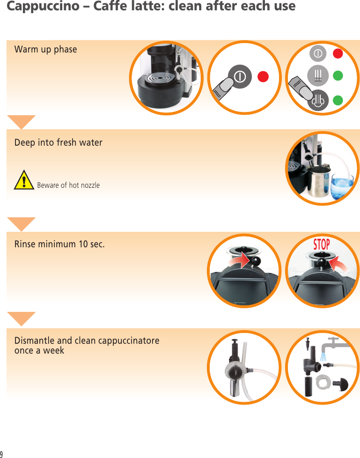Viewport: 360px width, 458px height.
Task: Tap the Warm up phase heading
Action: pyautogui.click(x=45, y=49)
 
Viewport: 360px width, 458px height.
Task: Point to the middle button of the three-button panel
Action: pyautogui.click(x=318, y=75)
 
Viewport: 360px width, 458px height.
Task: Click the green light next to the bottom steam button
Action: pyautogui.click(x=338, y=100)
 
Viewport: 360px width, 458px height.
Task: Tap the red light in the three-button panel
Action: pyautogui.click(x=338, y=53)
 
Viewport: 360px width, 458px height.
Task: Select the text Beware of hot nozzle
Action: pyautogui.click(x=68, y=185)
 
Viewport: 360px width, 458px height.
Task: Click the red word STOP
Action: pyautogui.click(x=321, y=244)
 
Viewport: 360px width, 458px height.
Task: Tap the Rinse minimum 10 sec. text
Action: pyautogui.click(x=59, y=244)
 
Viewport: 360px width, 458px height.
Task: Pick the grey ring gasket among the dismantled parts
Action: pyautogui.click(x=323, y=382)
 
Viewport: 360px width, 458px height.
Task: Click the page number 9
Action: pyautogui.click(x=2, y=454)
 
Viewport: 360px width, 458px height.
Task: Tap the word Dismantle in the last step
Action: pyautogui.click(x=34, y=340)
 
